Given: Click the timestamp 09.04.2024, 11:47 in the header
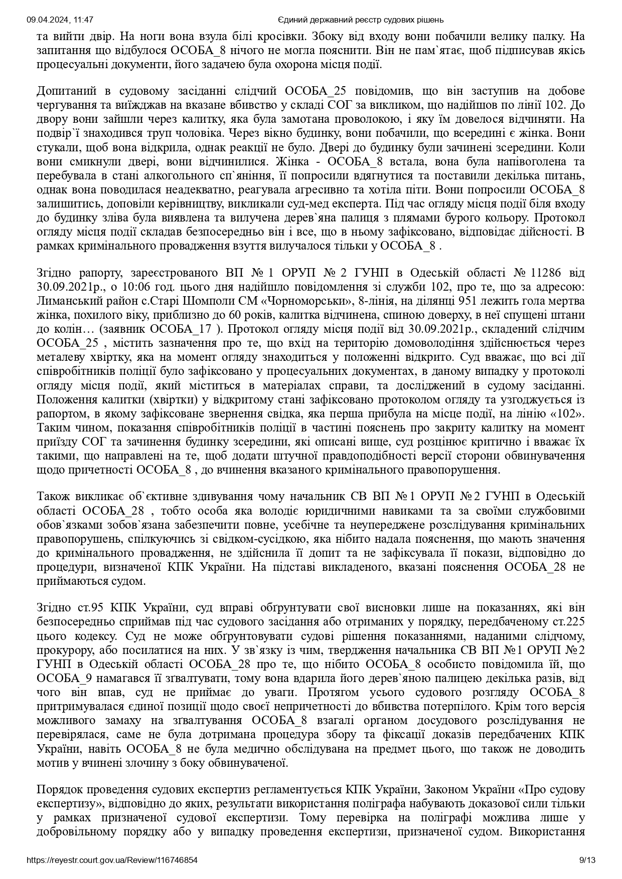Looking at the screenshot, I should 60,20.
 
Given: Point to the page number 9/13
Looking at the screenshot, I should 587,860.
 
